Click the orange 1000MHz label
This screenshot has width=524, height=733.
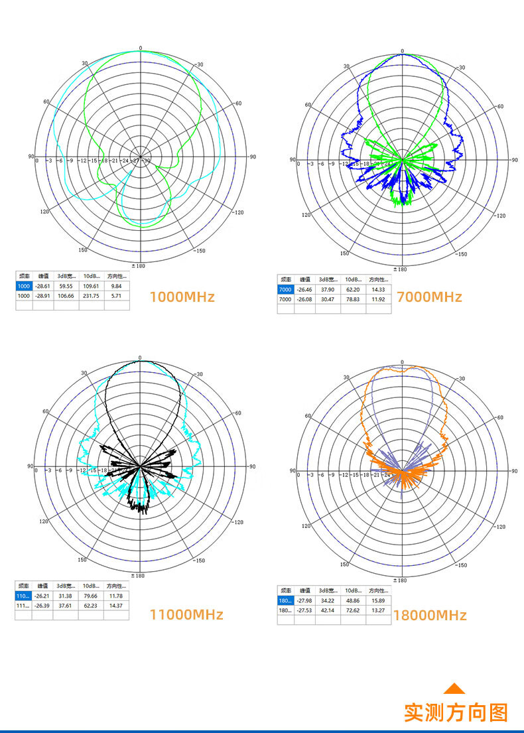(x=182, y=297)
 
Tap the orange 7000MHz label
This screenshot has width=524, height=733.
(x=429, y=297)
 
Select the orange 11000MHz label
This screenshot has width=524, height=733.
(x=186, y=614)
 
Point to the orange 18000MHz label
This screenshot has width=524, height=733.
(x=430, y=615)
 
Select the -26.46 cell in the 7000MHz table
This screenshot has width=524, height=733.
(x=305, y=290)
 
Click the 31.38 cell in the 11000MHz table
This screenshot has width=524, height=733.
(x=65, y=596)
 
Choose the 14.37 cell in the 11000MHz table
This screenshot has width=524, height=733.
(x=116, y=605)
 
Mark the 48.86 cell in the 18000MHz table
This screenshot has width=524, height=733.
(x=352, y=600)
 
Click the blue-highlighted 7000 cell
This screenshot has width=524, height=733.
(x=285, y=290)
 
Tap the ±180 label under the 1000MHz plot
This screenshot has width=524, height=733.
(x=139, y=265)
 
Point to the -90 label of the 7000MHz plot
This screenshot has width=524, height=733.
(x=512, y=160)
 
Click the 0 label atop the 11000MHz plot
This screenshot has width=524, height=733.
(x=140, y=358)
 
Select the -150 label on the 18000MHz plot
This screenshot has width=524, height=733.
(x=461, y=565)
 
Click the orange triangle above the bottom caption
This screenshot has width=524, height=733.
(x=454, y=689)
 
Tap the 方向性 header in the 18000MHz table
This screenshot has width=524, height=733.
(x=378, y=590)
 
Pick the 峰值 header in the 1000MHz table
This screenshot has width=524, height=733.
(x=43, y=276)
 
